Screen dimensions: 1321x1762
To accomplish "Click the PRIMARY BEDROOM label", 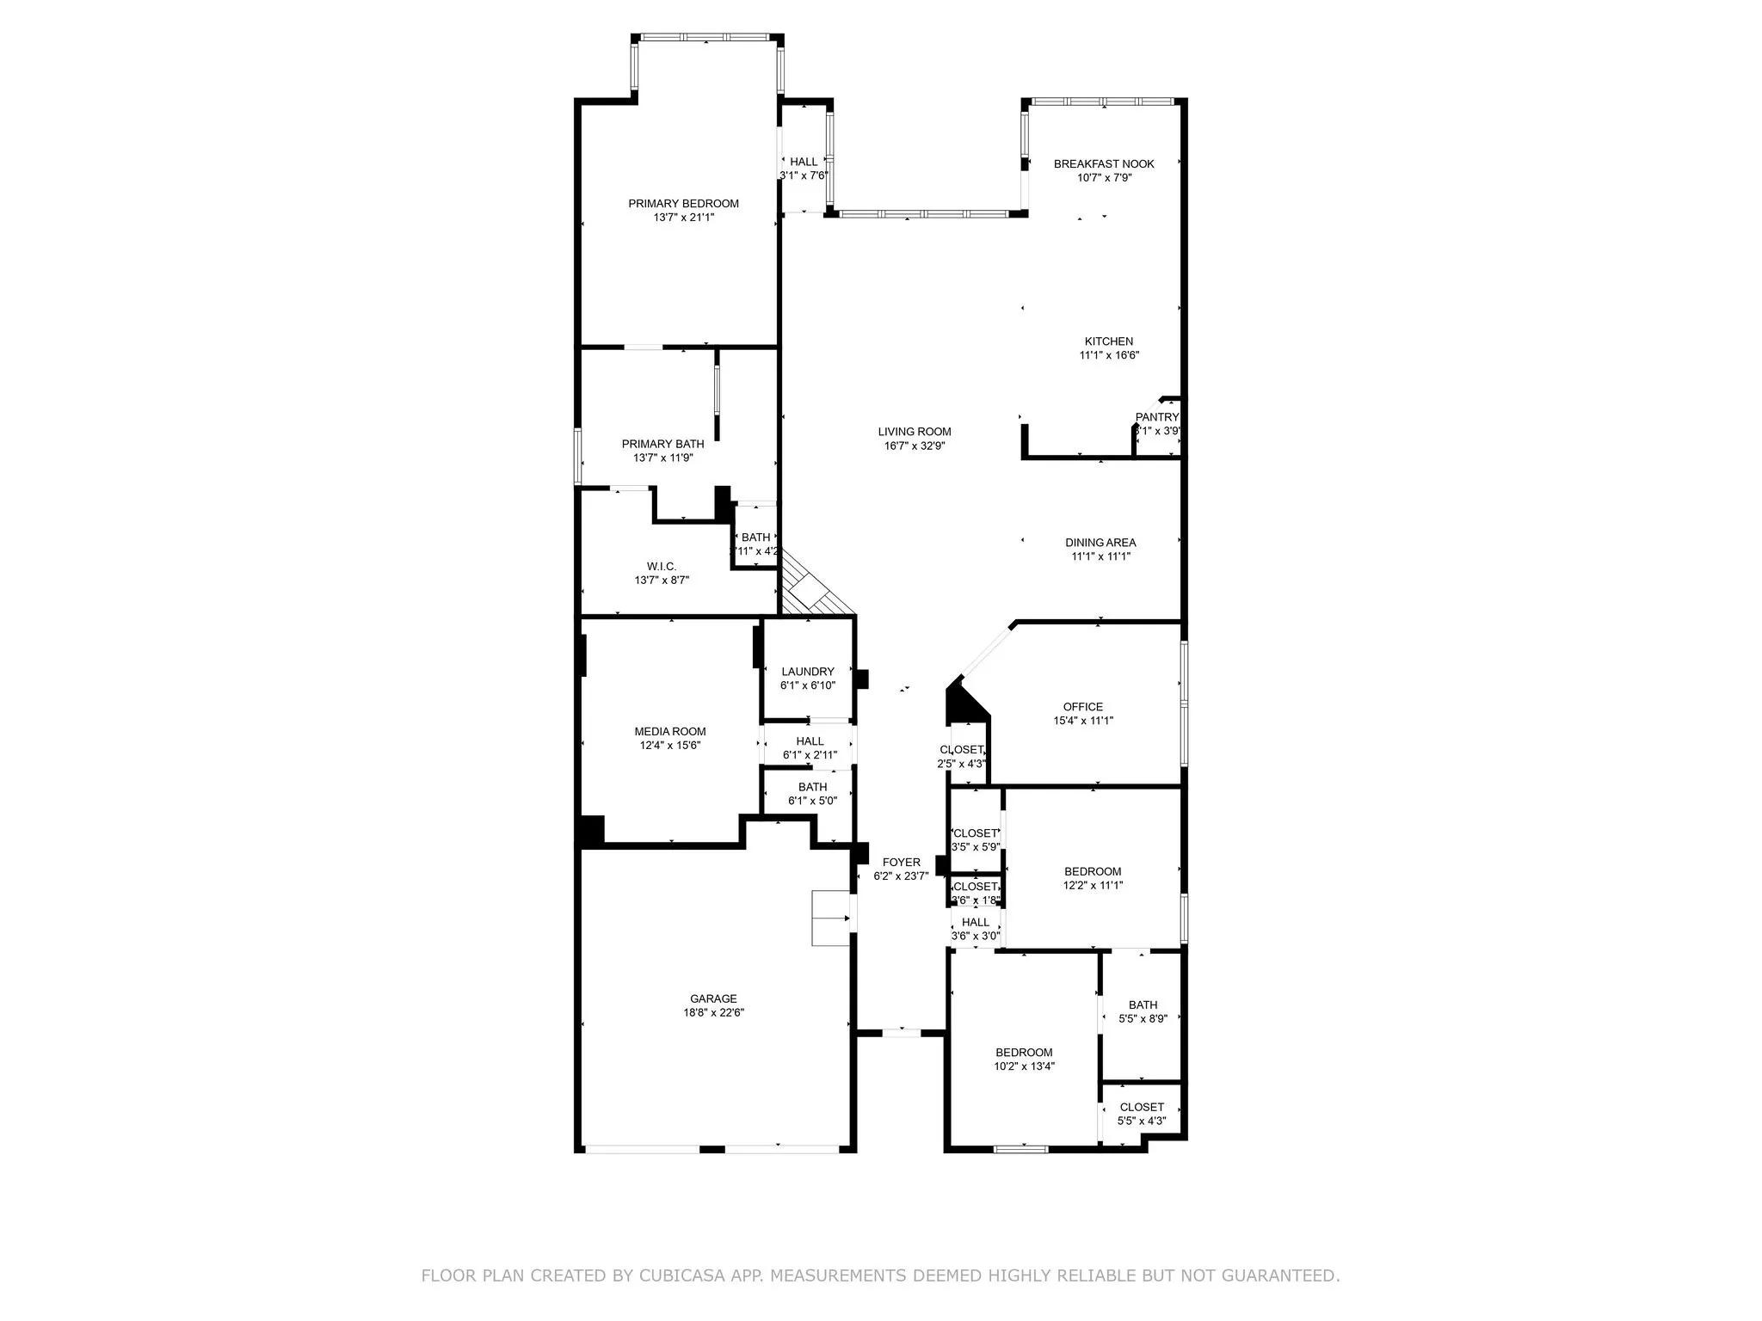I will [x=683, y=204].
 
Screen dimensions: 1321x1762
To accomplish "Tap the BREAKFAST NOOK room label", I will [x=1104, y=163].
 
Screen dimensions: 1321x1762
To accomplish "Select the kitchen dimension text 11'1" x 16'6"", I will [x=1109, y=355].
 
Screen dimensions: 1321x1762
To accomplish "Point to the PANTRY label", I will [x=1156, y=417].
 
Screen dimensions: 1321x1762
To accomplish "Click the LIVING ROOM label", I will [x=915, y=432].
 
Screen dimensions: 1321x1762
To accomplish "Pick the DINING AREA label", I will [x=1100, y=543].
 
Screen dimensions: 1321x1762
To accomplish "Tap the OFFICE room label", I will [x=1082, y=707].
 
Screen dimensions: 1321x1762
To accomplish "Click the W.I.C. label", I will [x=662, y=566].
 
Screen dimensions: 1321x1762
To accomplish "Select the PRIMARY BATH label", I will [x=662, y=444].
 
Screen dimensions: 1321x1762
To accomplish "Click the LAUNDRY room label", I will [x=808, y=672].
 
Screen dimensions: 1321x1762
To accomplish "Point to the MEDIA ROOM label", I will [x=670, y=732].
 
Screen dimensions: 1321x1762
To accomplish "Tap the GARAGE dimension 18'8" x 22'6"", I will [x=713, y=1013].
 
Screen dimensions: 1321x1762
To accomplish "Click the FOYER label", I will [x=901, y=863].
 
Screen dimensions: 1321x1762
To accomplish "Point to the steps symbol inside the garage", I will [x=831, y=919].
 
